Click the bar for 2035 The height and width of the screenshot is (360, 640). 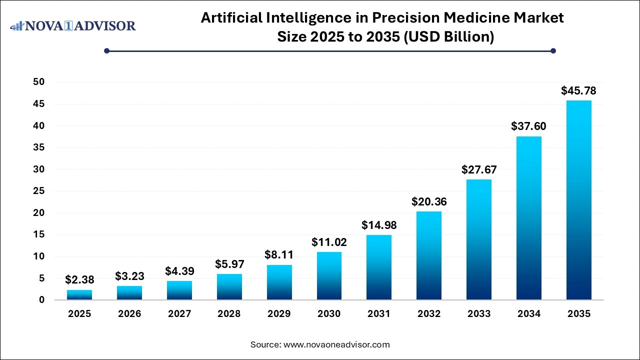tap(578, 200)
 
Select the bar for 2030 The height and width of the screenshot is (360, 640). tap(329, 275)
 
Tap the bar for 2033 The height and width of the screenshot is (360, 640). tap(479, 239)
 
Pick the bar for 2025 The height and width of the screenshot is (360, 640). tap(79, 294)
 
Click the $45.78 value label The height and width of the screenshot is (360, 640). tap(578, 91)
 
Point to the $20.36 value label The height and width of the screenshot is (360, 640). tap(429, 202)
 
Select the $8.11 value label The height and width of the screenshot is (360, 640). tap(279, 255)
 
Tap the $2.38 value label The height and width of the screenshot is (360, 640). tap(79, 280)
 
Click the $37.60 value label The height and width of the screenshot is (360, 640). tap(528, 126)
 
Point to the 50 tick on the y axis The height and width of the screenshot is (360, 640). tap(38, 82)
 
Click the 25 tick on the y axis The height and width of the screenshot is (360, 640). tap(38, 191)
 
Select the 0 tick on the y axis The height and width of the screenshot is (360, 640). tap(41, 300)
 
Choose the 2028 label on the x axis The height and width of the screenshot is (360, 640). tap(229, 314)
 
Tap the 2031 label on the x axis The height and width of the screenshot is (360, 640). tap(379, 314)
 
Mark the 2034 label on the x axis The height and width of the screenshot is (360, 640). tap(528, 314)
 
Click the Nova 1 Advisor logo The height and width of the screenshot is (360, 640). tap(73, 25)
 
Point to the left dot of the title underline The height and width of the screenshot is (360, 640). tap(106, 50)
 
